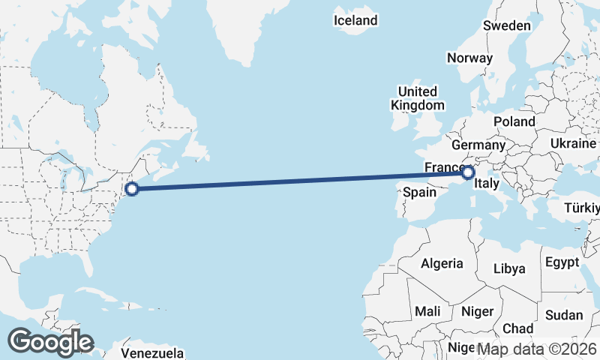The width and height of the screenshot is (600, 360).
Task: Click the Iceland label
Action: [x=355, y=20]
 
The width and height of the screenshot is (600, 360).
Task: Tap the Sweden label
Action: [x=507, y=25]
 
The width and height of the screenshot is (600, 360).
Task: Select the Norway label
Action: [x=469, y=58]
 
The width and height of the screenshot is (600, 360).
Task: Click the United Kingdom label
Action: [x=418, y=98]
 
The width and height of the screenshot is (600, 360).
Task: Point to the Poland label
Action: [x=514, y=121]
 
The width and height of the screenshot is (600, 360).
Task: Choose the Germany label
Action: [x=479, y=145]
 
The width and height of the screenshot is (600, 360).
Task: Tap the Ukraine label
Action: [x=573, y=142]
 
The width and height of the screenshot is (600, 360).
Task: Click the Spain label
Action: [x=419, y=192]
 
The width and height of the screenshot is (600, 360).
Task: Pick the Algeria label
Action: [x=442, y=263]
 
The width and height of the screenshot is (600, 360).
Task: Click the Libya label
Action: [x=510, y=268]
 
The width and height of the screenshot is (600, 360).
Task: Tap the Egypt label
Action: [x=562, y=262]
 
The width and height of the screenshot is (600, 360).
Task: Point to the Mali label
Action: [x=427, y=310]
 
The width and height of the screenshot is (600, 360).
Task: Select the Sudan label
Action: [x=563, y=315]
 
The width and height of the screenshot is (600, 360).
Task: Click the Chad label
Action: [x=517, y=328]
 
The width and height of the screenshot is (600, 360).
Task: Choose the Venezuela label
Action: [x=152, y=352]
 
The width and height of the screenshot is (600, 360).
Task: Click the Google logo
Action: [x=50, y=342]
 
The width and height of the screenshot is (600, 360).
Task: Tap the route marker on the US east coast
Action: [x=132, y=188]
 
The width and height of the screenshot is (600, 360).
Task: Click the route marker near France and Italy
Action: [x=468, y=173]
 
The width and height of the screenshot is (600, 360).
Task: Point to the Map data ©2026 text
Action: [x=537, y=349]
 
